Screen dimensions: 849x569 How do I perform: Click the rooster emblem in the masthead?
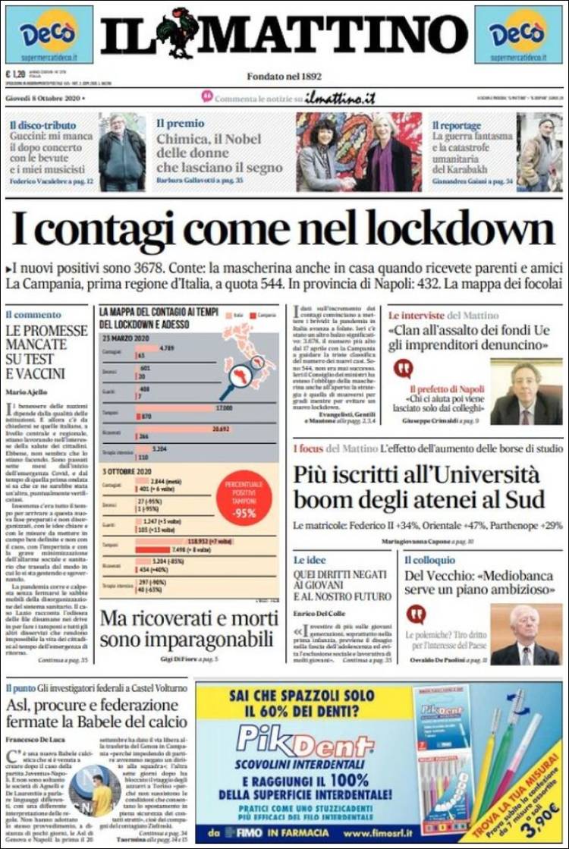click(x=176, y=32)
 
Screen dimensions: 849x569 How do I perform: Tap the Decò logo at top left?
click(x=49, y=34)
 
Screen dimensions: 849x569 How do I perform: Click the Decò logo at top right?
click(x=519, y=34)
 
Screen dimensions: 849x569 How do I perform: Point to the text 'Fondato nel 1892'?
click(x=284, y=76)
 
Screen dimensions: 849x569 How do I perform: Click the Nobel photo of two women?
click(x=359, y=152)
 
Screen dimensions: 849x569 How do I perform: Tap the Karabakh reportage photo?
click(x=539, y=152)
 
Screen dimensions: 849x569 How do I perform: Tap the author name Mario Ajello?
click(x=27, y=391)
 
